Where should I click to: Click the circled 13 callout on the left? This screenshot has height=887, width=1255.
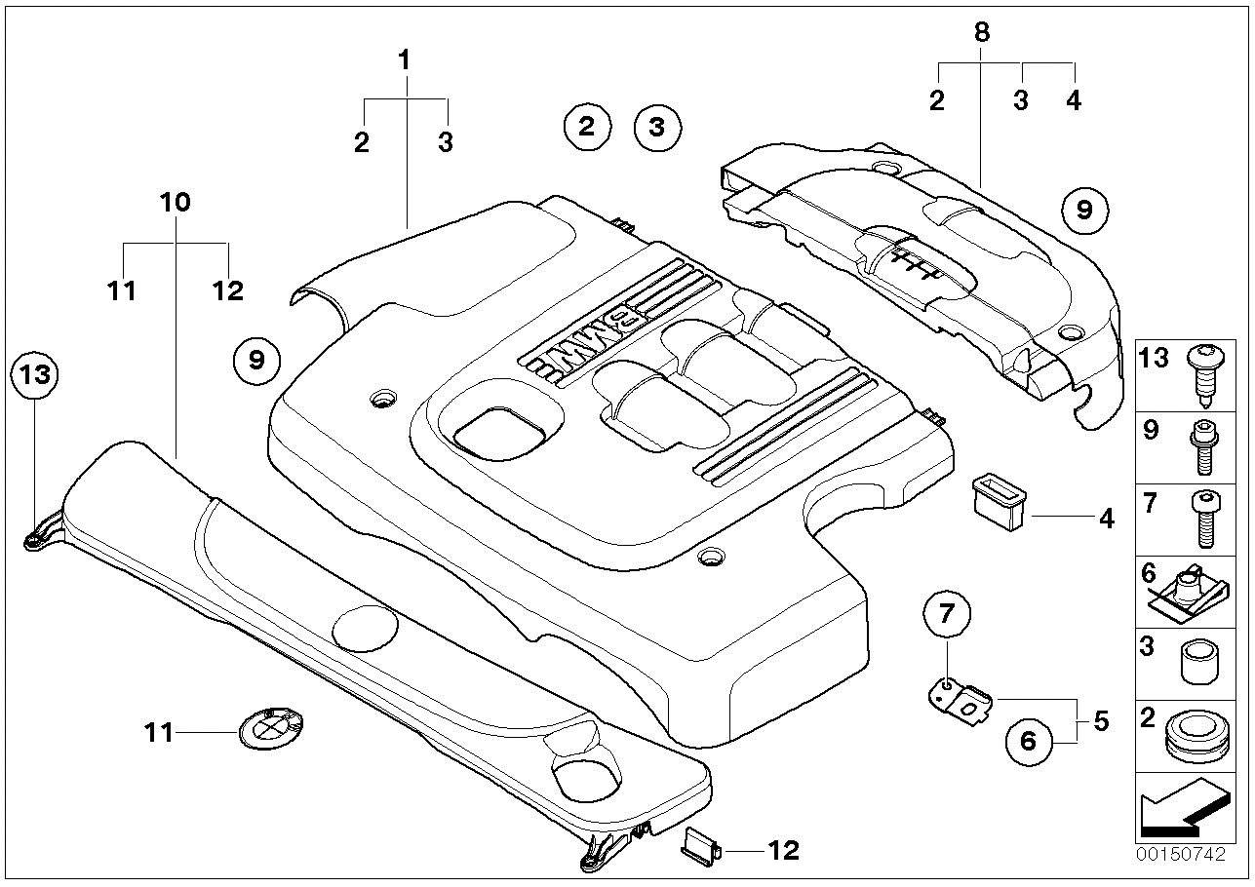click(34, 375)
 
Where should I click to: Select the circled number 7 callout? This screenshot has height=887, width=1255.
click(947, 613)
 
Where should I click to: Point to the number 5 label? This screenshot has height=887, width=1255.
click(1101, 722)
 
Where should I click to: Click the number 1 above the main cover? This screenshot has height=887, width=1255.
click(404, 60)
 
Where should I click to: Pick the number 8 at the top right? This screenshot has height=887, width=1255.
click(981, 31)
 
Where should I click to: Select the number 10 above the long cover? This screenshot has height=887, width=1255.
click(176, 203)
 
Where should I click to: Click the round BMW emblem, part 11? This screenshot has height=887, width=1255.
click(269, 728)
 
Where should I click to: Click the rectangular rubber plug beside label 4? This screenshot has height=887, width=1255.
click(1000, 491)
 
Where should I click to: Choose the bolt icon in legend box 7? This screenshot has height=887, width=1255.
click(1201, 520)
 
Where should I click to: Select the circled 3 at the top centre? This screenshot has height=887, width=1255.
click(656, 127)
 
